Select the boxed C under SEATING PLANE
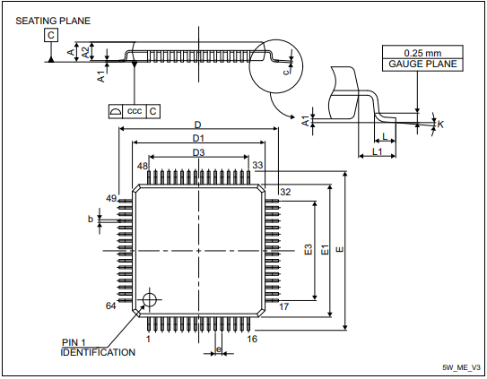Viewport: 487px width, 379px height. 51,35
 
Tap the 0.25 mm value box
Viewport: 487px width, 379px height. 423,52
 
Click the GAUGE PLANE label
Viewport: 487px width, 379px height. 423,65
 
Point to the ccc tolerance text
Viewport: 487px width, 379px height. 135,110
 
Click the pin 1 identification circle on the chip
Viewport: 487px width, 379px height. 149,299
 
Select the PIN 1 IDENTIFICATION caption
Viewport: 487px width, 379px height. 98,348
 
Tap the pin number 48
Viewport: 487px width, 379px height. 143,167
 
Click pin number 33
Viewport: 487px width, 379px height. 257,166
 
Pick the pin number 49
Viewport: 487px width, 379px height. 112,198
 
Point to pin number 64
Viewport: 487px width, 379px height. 111,306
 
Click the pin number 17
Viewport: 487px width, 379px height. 284,306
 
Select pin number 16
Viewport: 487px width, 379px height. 253,339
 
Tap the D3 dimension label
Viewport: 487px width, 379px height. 198,153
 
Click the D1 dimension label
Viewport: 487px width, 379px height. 198,139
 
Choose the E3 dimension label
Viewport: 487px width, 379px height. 308,251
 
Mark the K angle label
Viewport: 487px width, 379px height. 440,125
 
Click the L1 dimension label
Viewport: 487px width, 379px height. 378,154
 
